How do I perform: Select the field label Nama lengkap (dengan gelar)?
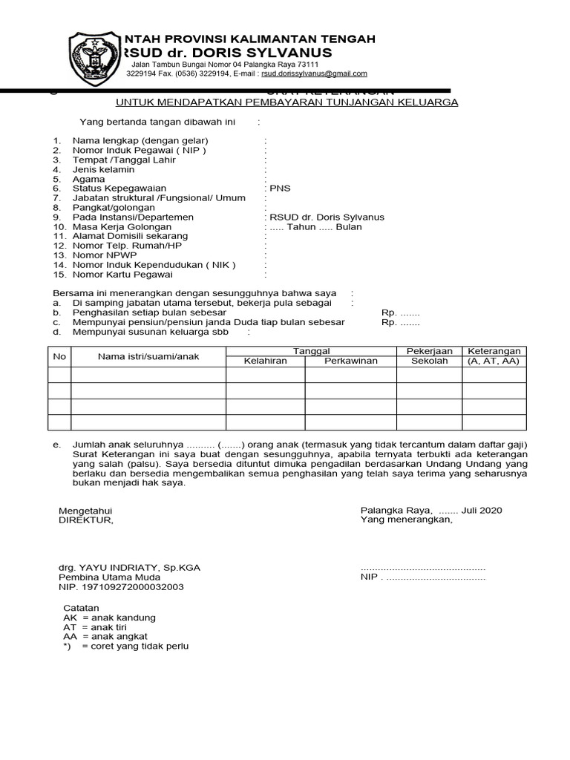click(140, 140)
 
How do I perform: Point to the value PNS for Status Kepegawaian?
click(280, 189)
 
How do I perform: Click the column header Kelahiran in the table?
click(265, 361)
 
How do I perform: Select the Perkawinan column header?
click(350, 361)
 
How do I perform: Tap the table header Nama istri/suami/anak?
click(148, 357)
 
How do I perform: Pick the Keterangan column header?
click(493, 351)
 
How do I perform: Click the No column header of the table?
click(59, 357)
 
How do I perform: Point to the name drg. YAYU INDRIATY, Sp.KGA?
click(129, 568)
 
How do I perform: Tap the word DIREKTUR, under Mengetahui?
click(86, 520)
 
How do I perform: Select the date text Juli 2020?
click(482, 511)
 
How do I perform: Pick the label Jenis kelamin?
click(103, 169)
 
